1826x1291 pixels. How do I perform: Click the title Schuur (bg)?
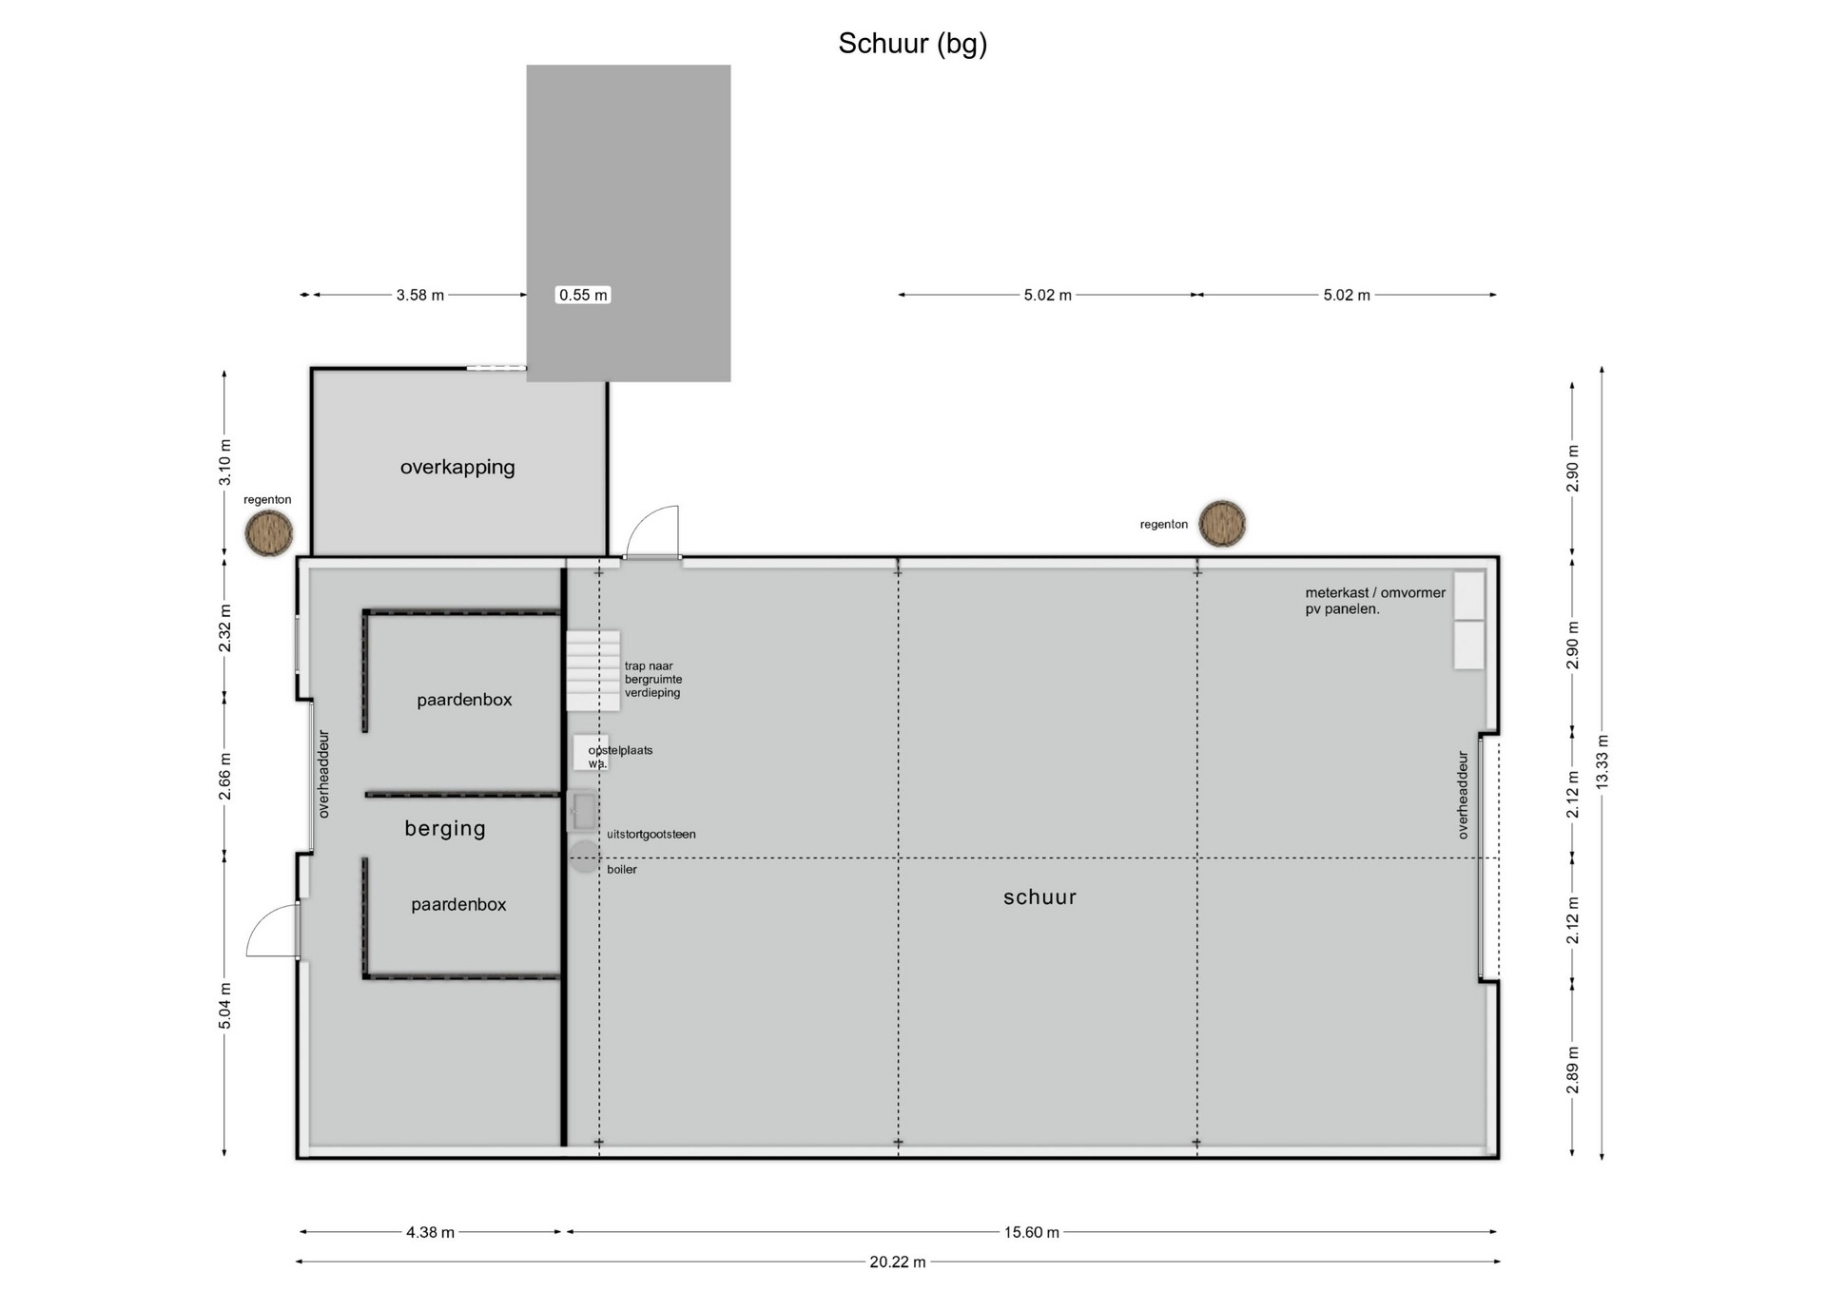click(912, 44)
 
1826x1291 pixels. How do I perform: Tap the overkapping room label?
click(457, 467)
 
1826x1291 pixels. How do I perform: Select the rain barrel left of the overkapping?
click(269, 533)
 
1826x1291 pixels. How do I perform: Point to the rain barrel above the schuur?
click(1222, 524)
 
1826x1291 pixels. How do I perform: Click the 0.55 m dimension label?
click(583, 295)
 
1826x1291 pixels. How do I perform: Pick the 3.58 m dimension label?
click(420, 295)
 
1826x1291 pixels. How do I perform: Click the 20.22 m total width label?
click(898, 1262)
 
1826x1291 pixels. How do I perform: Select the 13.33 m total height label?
click(1603, 761)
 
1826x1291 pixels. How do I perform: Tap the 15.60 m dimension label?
click(1032, 1232)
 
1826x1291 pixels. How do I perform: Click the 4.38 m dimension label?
click(430, 1232)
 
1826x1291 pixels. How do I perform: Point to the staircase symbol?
click(593, 671)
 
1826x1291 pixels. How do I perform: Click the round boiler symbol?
click(585, 857)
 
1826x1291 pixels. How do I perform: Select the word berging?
click(445, 829)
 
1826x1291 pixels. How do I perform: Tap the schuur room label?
click(1040, 896)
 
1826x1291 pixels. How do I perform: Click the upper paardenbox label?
click(464, 701)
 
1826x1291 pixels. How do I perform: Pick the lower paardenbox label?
click(458, 905)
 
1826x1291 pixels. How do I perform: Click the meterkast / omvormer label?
click(1375, 592)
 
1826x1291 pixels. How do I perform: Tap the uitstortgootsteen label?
click(651, 835)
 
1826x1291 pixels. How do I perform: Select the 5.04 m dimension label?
click(225, 1006)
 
